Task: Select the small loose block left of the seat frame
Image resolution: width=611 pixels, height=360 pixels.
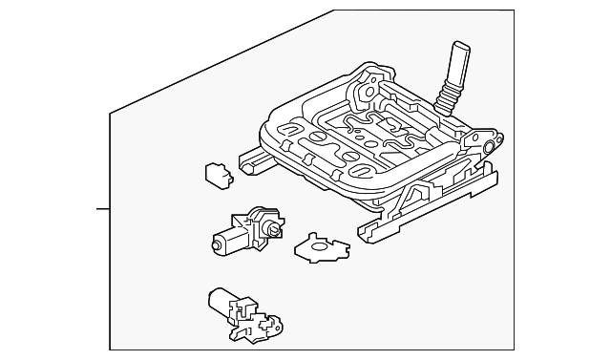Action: pyautogui.click(x=217, y=175)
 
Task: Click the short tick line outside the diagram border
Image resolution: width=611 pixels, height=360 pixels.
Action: pyautogui.click(x=102, y=206)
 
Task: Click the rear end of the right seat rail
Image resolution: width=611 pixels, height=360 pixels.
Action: pyautogui.click(x=492, y=172)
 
